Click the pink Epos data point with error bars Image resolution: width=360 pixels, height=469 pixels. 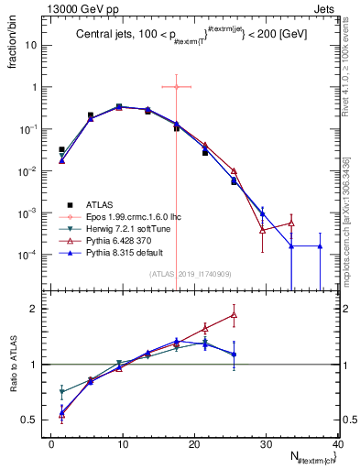click(x=176, y=87)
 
